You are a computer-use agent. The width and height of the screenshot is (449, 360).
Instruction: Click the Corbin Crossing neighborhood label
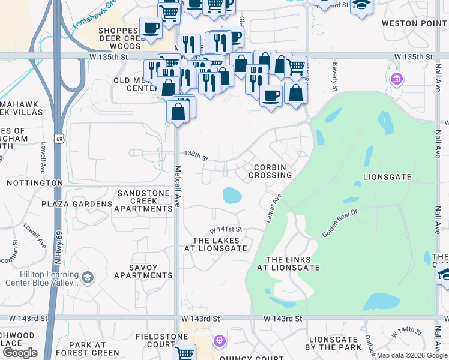tap(273, 171)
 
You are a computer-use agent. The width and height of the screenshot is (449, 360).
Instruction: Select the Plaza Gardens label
tap(77, 204)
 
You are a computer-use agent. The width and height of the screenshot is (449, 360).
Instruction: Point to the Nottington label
tap(35, 182)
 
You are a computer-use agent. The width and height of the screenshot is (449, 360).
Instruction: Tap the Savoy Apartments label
tap(143, 271)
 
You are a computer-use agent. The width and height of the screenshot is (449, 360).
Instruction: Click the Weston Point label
tap(415, 23)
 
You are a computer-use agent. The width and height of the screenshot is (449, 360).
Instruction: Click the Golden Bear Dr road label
tap(339, 223)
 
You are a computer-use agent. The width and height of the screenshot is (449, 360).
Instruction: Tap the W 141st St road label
tap(225, 230)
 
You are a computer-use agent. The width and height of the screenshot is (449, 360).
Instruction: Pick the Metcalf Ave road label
tap(178, 187)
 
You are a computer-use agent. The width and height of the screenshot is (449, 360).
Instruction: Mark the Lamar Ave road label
tap(274, 207)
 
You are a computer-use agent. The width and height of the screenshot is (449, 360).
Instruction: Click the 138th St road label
tap(196, 156)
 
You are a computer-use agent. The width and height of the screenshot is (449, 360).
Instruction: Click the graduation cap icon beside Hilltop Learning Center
tap(88, 277)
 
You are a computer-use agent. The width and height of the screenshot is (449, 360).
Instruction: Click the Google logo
tap(20, 353)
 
